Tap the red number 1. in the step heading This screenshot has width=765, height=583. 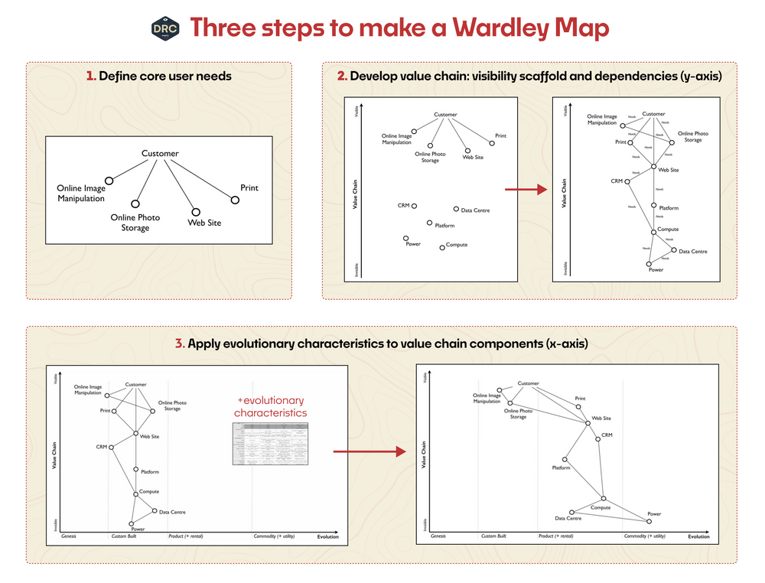click(91, 77)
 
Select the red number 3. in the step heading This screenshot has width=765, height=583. click(180, 344)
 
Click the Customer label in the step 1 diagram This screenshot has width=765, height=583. click(160, 154)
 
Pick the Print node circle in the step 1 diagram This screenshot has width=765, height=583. click(235, 200)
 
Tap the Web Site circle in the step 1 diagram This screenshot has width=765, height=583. click(195, 212)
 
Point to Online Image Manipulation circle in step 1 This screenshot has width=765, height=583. click(109, 181)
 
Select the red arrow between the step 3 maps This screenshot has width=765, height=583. click(369, 452)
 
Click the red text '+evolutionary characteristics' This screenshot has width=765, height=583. click(269, 406)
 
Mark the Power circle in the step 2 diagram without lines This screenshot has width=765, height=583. click(406, 238)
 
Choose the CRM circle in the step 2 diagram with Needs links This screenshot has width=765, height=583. click(627, 181)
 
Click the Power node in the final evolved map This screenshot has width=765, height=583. click(649, 522)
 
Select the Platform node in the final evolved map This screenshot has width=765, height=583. click(565, 460)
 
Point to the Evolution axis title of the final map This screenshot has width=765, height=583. click(698, 536)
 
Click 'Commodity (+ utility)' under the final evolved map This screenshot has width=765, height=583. click(644, 536)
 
